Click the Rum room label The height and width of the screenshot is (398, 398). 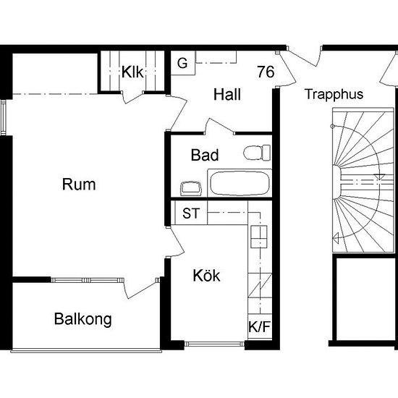pyautogui.click(x=79, y=185)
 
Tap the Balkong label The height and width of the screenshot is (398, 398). pyautogui.click(x=83, y=319)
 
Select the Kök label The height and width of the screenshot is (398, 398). pyautogui.click(x=206, y=276)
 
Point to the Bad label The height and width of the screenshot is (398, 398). pyautogui.click(x=205, y=155)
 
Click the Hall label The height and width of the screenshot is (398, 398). pyautogui.click(x=227, y=94)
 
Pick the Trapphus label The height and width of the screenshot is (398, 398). pyautogui.click(x=334, y=94)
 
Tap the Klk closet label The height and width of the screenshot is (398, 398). pyautogui.click(x=132, y=72)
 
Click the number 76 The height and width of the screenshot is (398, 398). pyautogui.click(x=266, y=72)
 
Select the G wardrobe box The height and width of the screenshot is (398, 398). pyautogui.click(x=183, y=63)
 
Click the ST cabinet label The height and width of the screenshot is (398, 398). pyautogui.click(x=191, y=213)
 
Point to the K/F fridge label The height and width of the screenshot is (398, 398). pyautogui.click(x=260, y=326)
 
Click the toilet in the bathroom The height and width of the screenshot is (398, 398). pyautogui.click(x=257, y=153)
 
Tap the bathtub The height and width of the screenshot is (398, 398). pyautogui.click(x=240, y=183)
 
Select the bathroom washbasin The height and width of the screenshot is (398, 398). pyautogui.click(x=191, y=189)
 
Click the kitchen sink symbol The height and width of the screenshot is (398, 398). pyautogui.click(x=259, y=237)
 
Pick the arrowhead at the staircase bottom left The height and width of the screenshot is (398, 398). pyautogui.click(x=336, y=239)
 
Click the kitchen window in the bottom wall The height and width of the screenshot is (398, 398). pyautogui.click(x=214, y=344)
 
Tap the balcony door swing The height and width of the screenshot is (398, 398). pyautogui.click(x=140, y=288)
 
